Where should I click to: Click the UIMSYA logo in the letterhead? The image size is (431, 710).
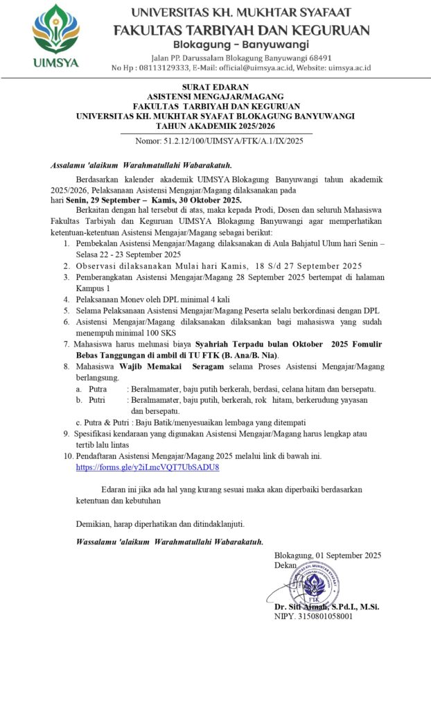55,35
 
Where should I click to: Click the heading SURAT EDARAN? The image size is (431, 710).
215,87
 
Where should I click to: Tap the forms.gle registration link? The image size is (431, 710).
148,467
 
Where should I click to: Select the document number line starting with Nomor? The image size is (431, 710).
219,141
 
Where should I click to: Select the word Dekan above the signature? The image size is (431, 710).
285,565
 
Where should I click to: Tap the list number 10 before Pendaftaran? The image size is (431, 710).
67,456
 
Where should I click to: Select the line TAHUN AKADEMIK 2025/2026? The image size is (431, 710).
215,127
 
